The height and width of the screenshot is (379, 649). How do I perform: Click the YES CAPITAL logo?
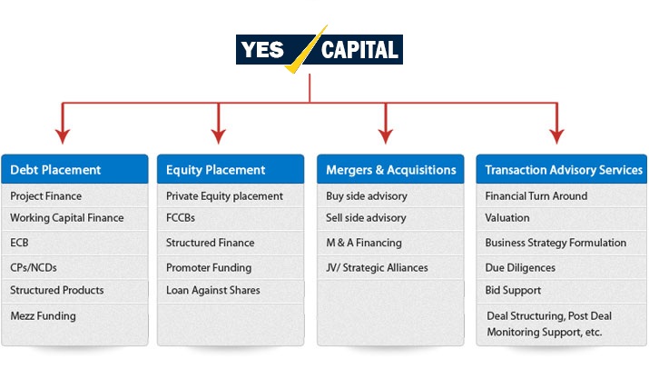[320, 49]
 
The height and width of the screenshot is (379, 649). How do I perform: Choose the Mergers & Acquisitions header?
[390, 169]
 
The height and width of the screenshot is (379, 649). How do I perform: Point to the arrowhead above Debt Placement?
[63, 136]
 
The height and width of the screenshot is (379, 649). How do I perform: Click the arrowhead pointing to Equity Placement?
[219, 136]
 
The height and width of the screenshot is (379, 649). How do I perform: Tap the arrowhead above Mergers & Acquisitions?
[386, 136]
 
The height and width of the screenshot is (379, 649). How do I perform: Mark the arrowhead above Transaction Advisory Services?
[557, 136]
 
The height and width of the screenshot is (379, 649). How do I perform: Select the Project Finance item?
[46, 196]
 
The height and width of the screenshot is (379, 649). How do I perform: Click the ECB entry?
[19, 243]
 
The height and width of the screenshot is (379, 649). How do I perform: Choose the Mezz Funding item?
[43, 316]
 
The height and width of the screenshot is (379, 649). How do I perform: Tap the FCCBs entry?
[181, 218]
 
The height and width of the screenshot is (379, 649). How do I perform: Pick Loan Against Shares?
[213, 290]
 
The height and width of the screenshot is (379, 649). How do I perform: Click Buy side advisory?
[367, 196]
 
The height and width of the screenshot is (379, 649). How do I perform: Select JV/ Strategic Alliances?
[377, 267]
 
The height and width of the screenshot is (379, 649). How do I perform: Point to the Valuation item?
[507, 218]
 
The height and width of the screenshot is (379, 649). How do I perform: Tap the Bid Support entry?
[513, 290]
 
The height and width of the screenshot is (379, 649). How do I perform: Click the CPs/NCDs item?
[34, 267]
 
